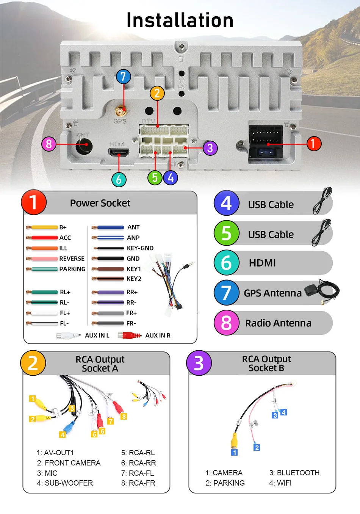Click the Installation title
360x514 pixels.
tap(180, 20)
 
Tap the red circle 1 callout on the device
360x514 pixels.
tap(313, 144)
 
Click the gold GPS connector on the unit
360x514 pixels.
tap(121, 111)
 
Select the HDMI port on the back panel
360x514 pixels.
tap(119, 153)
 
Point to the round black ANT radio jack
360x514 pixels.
tap(84, 145)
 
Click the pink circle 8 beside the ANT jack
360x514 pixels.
tap(49, 144)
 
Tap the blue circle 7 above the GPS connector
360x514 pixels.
tap(123, 77)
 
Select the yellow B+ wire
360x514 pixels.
tap(44, 227)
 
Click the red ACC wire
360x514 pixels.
tap(44, 238)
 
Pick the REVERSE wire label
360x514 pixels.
tap(72, 259)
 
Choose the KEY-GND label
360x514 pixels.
tap(140, 248)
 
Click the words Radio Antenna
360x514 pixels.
tap(278, 323)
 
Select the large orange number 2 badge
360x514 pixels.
tap(33, 363)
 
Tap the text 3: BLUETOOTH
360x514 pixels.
tap(294, 473)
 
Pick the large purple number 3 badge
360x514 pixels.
tap(199, 363)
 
